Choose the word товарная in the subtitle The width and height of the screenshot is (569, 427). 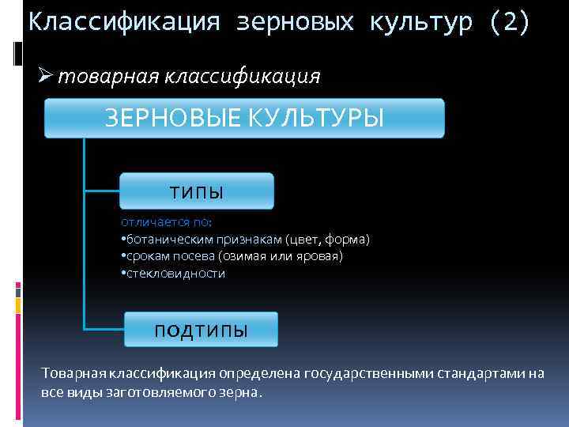tap(108, 76)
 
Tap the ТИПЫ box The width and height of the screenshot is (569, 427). tap(196, 192)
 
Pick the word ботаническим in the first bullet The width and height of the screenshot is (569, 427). tap(164, 239)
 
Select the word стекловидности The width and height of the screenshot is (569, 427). tap(175, 274)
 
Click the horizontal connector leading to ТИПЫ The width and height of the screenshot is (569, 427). tap(101, 190)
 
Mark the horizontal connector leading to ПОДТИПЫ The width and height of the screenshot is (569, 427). tap(104, 327)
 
